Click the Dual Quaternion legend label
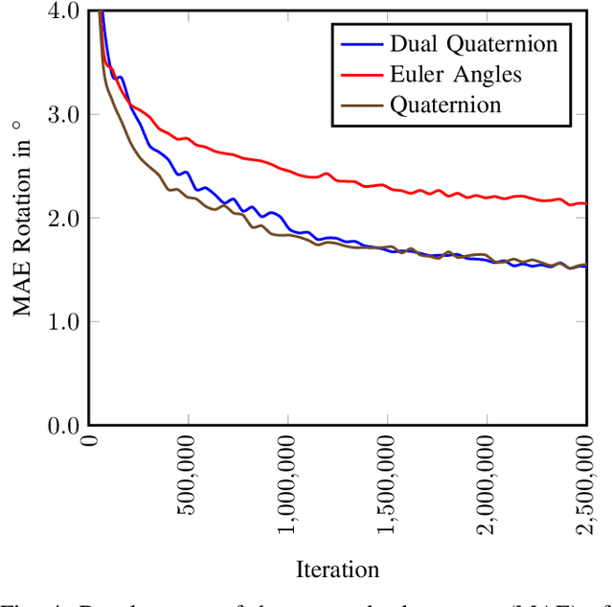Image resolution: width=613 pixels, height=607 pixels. point(473,43)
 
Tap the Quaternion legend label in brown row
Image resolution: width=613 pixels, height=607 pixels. point(445,105)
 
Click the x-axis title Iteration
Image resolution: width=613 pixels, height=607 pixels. point(337,569)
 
